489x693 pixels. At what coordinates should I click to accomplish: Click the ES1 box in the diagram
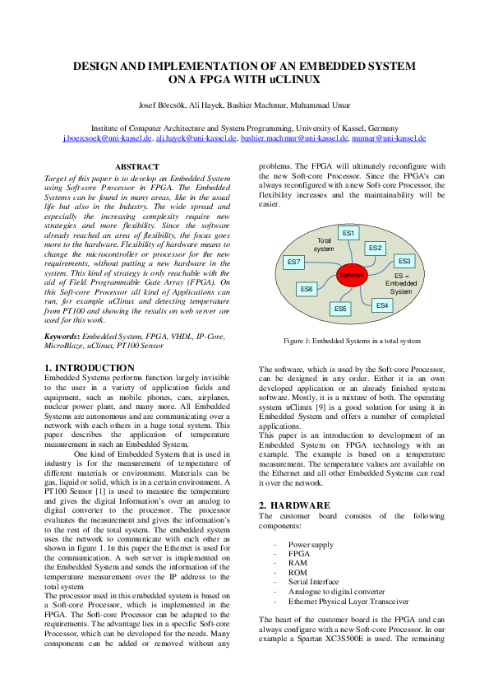(349, 233)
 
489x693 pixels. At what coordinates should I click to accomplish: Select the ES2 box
(376, 248)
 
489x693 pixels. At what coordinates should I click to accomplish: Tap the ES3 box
(404, 261)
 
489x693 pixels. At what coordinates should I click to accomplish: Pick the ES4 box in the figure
(381, 305)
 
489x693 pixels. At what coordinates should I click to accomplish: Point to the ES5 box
(340, 309)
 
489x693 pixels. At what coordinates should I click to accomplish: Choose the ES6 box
(307, 289)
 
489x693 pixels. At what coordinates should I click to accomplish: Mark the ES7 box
(294, 262)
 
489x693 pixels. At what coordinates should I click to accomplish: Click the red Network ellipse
(352, 275)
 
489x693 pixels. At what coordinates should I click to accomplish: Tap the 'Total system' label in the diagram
(325, 244)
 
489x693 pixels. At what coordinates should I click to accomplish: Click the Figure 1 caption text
(352, 340)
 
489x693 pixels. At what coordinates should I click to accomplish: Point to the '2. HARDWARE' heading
(294, 504)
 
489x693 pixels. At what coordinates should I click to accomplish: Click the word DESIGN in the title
(97, 66)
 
